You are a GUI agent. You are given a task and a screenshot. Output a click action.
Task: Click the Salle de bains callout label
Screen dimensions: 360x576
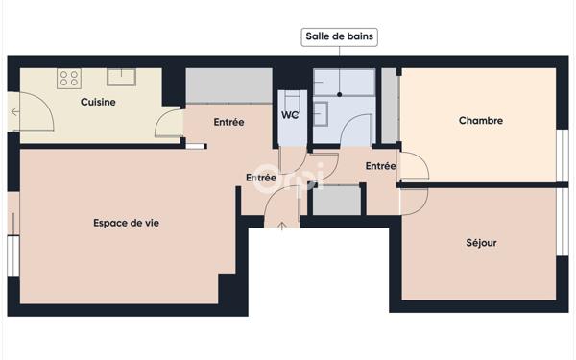click(339, 37)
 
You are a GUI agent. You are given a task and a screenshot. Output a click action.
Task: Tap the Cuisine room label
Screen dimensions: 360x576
click(98, 102)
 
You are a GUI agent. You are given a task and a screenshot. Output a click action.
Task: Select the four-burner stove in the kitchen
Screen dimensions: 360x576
click(68, 78)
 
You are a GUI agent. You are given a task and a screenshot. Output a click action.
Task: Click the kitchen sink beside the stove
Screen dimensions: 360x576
click(121, 76)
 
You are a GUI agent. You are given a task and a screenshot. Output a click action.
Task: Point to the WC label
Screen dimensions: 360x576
click(290, 116)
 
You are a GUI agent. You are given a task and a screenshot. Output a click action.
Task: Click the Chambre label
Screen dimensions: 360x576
click(481, 121)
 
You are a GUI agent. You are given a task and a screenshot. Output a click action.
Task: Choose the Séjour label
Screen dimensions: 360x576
click(481, 243)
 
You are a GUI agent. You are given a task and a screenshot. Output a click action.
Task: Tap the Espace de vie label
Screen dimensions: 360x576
click(126, 223)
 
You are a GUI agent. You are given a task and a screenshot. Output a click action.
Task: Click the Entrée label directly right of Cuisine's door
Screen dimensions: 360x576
click(228, 122)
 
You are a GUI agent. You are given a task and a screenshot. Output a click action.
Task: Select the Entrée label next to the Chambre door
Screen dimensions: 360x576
click(380, 166)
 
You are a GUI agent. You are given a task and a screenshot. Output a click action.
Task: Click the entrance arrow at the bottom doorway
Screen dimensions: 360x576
click(281, 226)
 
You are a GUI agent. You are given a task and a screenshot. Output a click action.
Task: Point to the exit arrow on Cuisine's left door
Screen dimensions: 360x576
click(14, 112)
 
